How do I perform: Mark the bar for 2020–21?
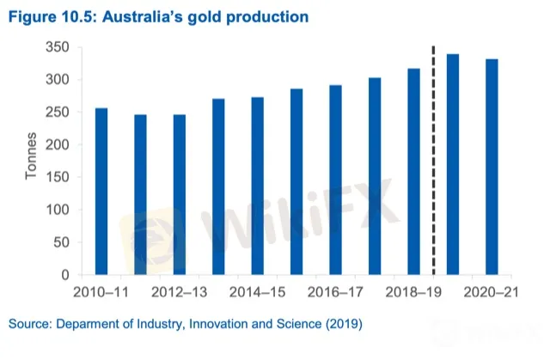pyautogui.click(x=492, y=168)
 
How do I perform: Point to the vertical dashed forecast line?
pyautogui.click(x=432, y=159)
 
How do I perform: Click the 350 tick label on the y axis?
pyautogui.click(x=58, y=48)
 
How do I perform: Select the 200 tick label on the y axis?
pyautogui.click(x=58, y=145)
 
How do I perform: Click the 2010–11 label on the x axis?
pyautogui.click(x=101, y=293)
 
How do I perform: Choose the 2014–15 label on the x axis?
pyautogui.click(x=257, y=293)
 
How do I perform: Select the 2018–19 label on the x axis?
pyautogui.click(x=413, y=293)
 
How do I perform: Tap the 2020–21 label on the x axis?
pyautogui.click(x=492, y=293)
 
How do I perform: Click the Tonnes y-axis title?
pyautogui.click(x=30, y=161)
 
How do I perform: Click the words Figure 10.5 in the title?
pyautogui.click(x=49, y=15)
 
